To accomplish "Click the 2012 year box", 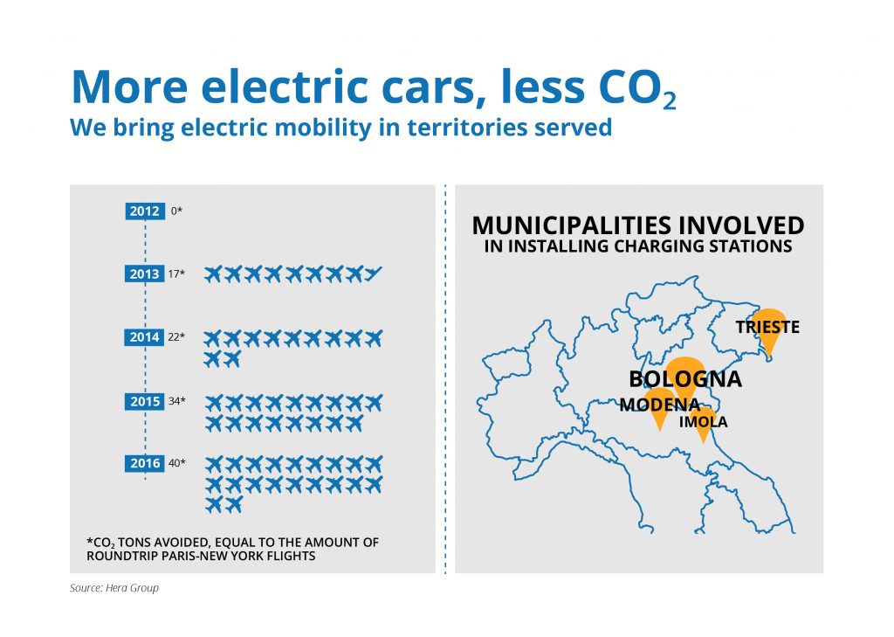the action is click(x=145, y=211).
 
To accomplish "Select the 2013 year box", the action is click(x=145, y=274).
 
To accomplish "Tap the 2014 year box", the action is click(x=144, y=337).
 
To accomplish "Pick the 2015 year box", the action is click(x=145, y=401).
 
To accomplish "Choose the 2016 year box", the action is click(x=145, y=463).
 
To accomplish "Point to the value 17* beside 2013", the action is click(x=176, y=274).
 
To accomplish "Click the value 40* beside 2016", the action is click(x=176, y=463).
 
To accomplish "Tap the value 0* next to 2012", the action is click(x=176, y=211).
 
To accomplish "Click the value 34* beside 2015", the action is click(x=176, y=401).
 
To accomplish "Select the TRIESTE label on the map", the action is click(x=767, y=327).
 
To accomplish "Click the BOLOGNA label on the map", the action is click(x=685, y=379).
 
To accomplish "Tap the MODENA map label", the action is click(x=660, y=405).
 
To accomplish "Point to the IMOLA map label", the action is click(x=703, y=422).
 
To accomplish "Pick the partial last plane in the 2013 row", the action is click(x=374, y=274).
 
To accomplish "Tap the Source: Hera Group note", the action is click(x=114, y=588).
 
